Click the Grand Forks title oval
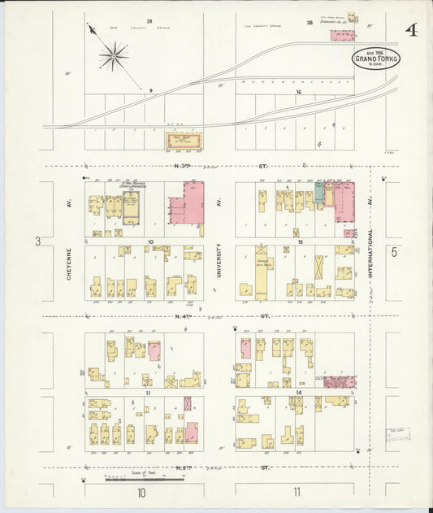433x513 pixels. coord(375,59)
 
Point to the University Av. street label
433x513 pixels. coord(219,260)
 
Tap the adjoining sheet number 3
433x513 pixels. coord(37,241)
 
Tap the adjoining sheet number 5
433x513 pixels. coord(396,252)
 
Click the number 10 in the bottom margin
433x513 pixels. coord(141,493)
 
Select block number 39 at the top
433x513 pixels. coord(149,20)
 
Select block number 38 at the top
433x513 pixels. coord(310,23)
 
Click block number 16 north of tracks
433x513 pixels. coord(299,93)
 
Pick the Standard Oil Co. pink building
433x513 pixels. coord(343,36)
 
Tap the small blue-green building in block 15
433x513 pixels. coord(319,194)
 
